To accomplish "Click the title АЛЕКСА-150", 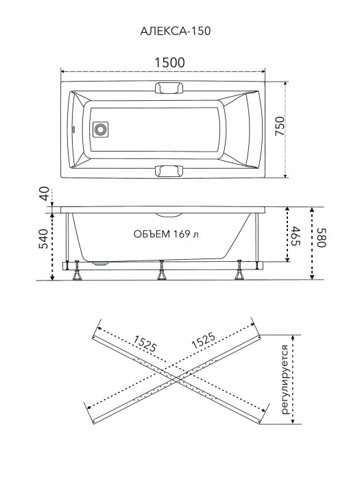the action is coord(175,31).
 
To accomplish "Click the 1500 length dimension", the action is coord(169,62).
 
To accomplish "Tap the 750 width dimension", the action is coord(280,126).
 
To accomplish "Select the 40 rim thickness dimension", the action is coord(45,194).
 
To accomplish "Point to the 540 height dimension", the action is coord(44,239).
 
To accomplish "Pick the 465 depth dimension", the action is coord(296,236).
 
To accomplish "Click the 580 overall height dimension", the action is coord(322,237).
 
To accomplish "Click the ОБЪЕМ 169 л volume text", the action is coord(166,235).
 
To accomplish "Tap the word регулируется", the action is coord(285,380).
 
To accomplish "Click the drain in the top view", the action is coord(100,130).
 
